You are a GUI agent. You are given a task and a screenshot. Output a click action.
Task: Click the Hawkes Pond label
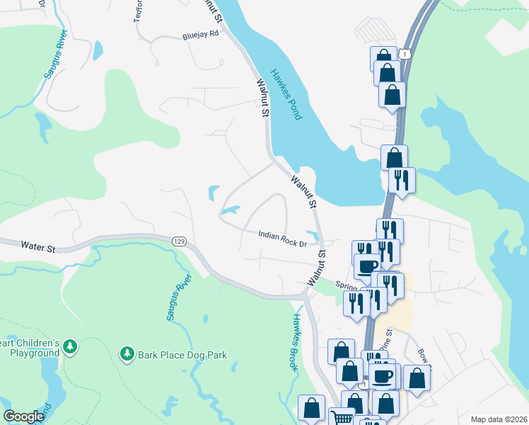(286, 93)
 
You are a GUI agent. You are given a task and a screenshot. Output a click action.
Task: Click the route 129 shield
(178, 242)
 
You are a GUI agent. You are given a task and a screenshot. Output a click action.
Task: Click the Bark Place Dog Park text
(182, 354)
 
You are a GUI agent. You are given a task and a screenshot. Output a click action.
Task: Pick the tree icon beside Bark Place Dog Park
(127, 353)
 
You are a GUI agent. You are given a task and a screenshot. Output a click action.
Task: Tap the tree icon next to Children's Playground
(69, 347)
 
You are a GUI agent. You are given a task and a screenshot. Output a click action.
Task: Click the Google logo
(24, 416)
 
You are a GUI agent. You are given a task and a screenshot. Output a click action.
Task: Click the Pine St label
(386, 334)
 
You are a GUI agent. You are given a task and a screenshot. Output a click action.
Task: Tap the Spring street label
(346, 286)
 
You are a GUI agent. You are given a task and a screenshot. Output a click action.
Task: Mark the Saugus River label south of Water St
(176, 298)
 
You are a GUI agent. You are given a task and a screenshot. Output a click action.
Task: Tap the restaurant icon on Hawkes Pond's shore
(402, 179)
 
